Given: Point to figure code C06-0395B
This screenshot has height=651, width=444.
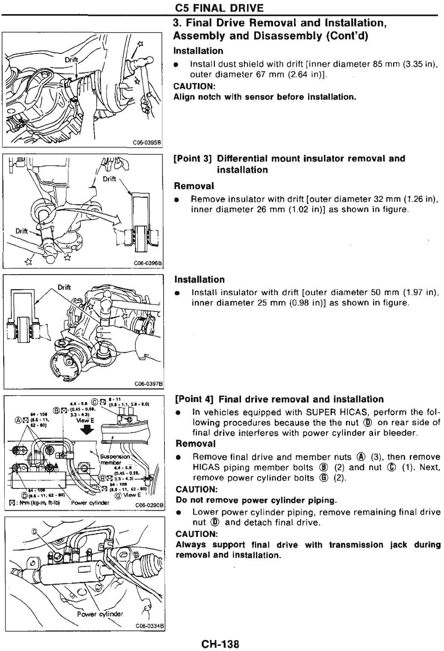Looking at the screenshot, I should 151,143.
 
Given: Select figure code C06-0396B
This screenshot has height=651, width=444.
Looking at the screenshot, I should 151,264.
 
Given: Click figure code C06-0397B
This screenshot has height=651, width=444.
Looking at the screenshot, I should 150,384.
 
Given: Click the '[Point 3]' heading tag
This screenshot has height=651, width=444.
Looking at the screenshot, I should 193,159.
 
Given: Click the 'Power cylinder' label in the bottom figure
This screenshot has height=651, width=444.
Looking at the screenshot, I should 100,614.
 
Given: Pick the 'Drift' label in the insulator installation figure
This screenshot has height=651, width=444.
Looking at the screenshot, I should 64,287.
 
